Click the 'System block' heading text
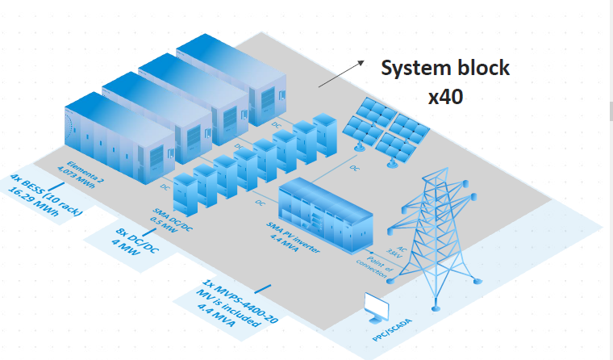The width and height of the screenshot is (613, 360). tap(445, 68)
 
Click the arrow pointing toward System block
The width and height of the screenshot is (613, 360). tap(340, 74)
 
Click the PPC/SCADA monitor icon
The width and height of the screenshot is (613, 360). tap(377, 306)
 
